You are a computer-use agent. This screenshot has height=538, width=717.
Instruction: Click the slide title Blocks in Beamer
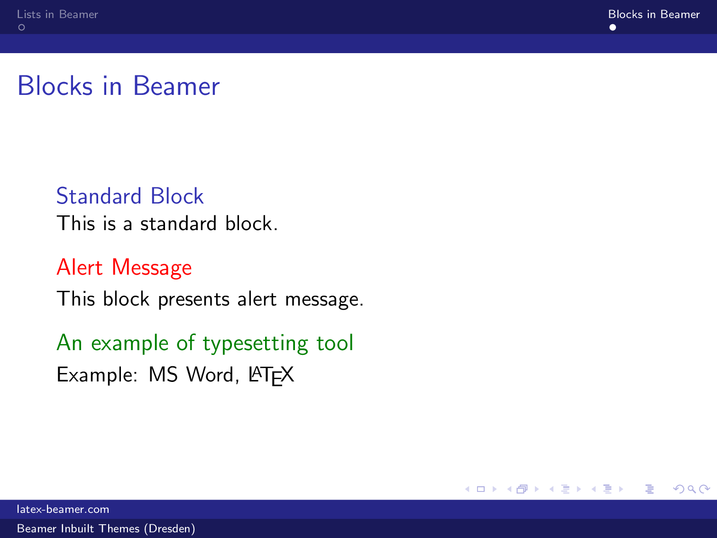(119, 86)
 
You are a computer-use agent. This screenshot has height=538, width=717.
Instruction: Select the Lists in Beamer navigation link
(57, 14)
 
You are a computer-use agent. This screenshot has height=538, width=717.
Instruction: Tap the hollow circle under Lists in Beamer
(21, 28)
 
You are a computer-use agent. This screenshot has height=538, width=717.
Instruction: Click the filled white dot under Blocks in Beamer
(613, 28)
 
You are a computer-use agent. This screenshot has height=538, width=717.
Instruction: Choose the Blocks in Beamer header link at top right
(653, 14)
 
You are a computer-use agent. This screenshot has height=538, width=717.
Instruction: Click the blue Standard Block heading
(130, 196)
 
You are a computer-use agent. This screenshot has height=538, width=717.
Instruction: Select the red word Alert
(79, 267)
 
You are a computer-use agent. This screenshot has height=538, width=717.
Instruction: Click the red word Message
(152, 268)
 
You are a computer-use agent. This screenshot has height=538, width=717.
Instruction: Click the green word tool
(335, 343)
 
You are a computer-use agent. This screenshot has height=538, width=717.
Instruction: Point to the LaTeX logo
(271, 375)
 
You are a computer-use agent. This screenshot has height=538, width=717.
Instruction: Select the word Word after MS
(210, 375)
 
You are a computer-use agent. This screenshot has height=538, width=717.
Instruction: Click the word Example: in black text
(97, 375)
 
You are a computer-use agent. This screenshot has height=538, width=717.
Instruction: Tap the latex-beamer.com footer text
(63, 509)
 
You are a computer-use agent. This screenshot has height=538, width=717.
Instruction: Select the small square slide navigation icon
(481, 489)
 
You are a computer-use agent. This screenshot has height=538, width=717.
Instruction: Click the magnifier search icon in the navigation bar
(692, 489)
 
